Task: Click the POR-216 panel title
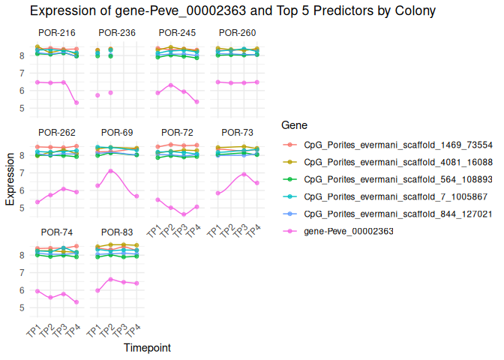57,34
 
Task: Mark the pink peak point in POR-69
111,171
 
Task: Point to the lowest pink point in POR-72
184,214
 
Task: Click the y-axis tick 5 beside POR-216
25,108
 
